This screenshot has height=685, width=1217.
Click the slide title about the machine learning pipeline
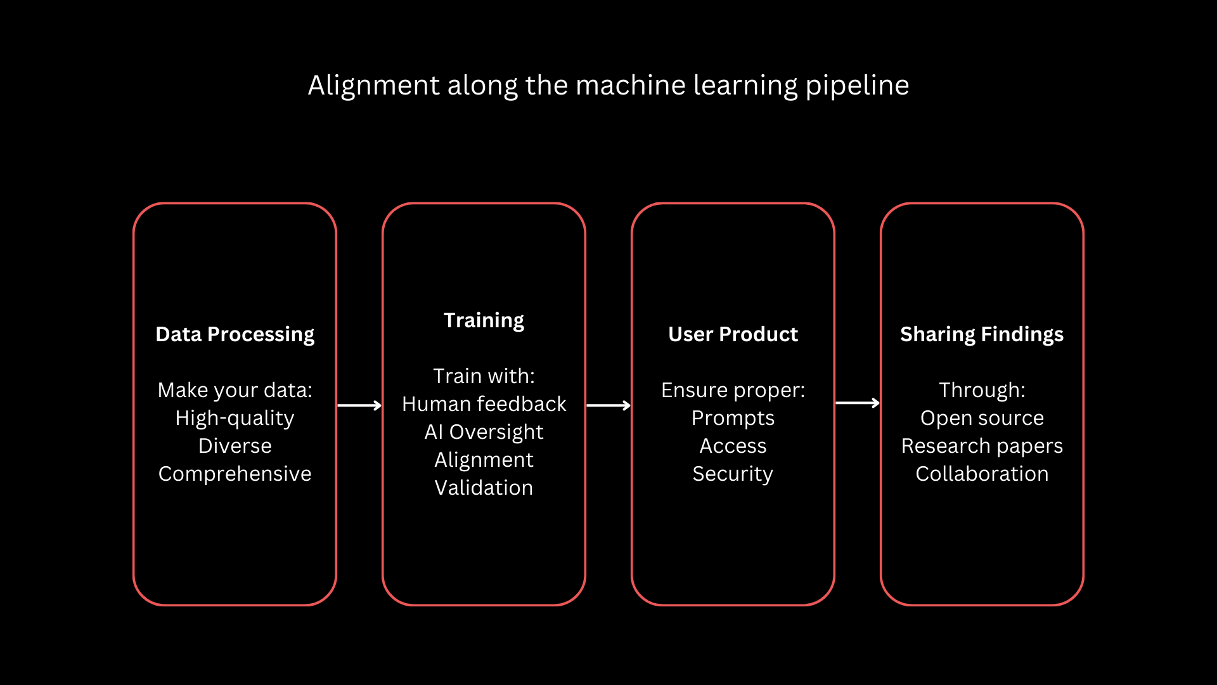[608, 85]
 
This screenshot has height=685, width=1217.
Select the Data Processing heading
[235, 334]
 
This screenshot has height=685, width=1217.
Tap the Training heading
[484, 320]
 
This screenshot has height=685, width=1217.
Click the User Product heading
[733, 334]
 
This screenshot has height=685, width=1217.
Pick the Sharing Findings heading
[982, 334]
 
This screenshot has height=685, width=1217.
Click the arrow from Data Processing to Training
[359, 405]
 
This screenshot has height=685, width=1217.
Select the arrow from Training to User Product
[608, 405]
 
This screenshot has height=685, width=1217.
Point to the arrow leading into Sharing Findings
[858, 403]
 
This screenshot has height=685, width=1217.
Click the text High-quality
[235, 418]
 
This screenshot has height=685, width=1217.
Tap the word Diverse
[235, 446]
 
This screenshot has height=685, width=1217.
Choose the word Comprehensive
[235, 474]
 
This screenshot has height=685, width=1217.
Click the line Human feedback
[484, 404]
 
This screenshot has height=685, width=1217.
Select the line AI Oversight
[484, 432]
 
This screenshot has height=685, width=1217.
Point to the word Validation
[484, 488]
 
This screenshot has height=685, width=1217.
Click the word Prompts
[733, 418]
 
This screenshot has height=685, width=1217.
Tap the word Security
[733, 474]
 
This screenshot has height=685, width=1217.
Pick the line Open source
[982, 418]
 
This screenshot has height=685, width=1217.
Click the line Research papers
[982, 446]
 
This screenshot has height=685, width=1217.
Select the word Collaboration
[982, 474]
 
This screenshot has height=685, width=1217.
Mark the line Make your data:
[235, 390]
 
